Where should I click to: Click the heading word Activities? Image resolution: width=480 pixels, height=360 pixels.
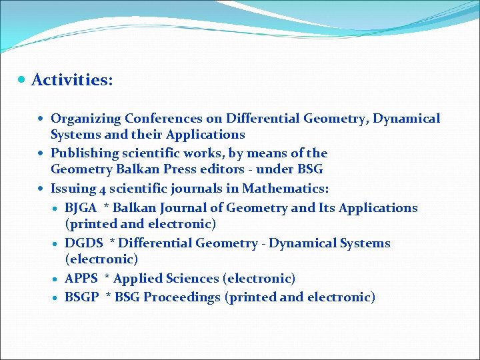tap(71, 80)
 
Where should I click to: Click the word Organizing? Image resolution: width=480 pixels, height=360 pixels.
tap(85, 119)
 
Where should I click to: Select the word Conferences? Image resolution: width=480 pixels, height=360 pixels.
tap(157, 119)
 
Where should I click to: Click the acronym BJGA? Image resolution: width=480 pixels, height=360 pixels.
tap(81, 208)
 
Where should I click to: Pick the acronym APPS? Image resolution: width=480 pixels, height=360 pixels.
tap(81, 279)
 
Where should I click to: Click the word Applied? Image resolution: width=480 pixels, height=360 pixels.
tap(139, 279)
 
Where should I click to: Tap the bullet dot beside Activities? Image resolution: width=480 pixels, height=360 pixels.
tap(23, 80)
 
